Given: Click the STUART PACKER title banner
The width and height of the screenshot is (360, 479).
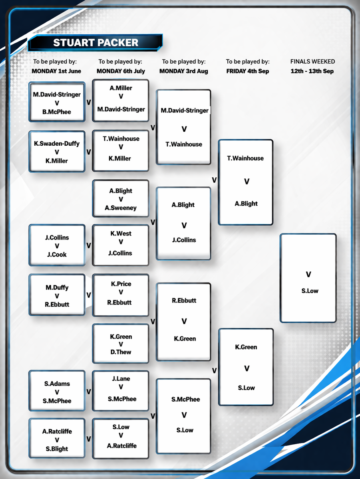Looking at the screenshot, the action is tap(95, 43).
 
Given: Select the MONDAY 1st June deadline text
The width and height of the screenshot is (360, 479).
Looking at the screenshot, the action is tap(56, 71).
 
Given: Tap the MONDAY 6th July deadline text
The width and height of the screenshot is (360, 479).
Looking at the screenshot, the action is tap(121, 71).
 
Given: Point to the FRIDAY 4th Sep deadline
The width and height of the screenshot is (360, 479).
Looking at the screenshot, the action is tap(247, 71).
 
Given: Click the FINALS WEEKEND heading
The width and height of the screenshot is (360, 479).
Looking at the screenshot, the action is tap(312, 61).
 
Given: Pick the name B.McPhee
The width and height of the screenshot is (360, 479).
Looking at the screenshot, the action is tap(57, 112).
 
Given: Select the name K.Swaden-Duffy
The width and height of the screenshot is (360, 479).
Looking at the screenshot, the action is tap(57, 144).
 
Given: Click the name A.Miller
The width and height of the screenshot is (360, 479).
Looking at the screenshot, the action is tap(121, 88).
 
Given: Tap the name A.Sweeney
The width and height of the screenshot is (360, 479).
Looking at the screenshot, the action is tap(121, 208).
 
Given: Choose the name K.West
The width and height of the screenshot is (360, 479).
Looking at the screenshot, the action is tap(121, 234).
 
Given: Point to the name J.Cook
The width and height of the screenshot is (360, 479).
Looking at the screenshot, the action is tap(57, 254).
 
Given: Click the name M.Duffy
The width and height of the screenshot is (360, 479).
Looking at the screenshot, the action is tap(57, 288).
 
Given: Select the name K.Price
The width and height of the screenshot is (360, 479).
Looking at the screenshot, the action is tap(121, 284).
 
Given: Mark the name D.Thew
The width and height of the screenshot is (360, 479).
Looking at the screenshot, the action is tap(121, 352).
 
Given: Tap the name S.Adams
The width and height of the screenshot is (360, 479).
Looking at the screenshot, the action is tap(57, 384).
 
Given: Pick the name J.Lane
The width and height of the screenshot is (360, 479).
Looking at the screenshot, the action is tap(121, 379).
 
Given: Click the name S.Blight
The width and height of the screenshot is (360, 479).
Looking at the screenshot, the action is tap(57, 449).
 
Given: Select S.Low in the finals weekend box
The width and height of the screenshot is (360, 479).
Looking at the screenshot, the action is tap(310, 291).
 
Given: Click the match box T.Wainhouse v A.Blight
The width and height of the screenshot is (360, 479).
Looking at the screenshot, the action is tap(246, 182).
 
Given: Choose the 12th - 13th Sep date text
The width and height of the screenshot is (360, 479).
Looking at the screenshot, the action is tap(312, 71).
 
